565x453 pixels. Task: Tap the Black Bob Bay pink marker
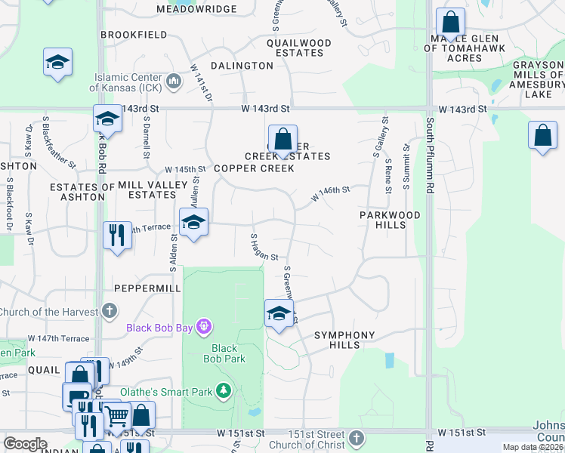click(202, 327)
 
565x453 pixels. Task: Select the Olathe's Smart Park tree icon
click(223, 390)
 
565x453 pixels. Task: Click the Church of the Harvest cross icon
click(110, 311)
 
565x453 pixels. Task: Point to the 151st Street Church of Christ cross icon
click(357, 438)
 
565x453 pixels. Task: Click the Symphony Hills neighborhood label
click(344, 340)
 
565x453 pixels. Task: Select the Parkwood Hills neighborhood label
click(390, 220)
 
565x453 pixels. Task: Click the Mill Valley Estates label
click(151, 190)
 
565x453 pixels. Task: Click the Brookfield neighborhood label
click(134, 35)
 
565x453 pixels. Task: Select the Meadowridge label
click(196, 9)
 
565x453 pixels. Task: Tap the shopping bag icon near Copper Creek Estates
click(282, 140)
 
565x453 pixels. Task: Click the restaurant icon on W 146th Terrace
click(116, 235)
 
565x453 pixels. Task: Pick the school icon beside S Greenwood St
click(279, 313)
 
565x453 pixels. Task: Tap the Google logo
click(25, 444)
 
